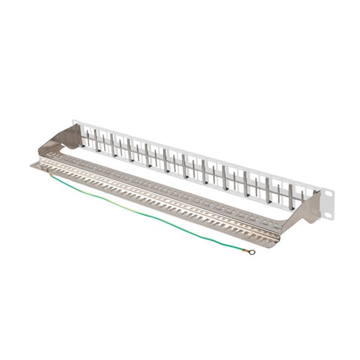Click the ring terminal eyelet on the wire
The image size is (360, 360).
coord(252,252)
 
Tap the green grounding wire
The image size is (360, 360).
coord(150,216)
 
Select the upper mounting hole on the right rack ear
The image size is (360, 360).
coord(329,193)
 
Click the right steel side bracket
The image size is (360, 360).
coord(306,210)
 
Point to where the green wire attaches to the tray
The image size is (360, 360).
coord(52,175)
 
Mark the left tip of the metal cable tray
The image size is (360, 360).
coord(32,165)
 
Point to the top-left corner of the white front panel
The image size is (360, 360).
coord(73,121)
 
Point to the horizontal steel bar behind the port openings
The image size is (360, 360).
coord(180,166)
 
